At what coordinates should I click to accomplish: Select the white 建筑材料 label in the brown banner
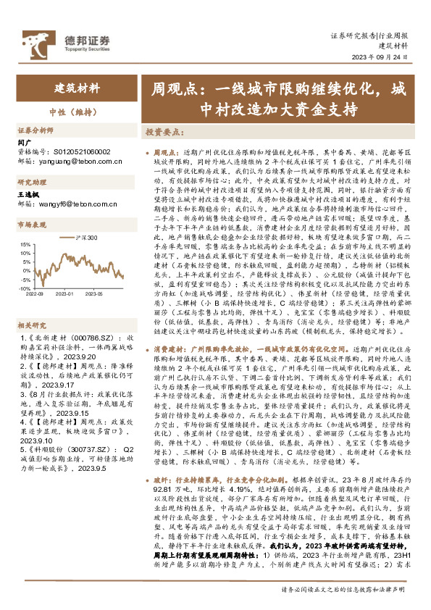point(77,90)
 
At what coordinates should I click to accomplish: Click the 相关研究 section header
point(32,305)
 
